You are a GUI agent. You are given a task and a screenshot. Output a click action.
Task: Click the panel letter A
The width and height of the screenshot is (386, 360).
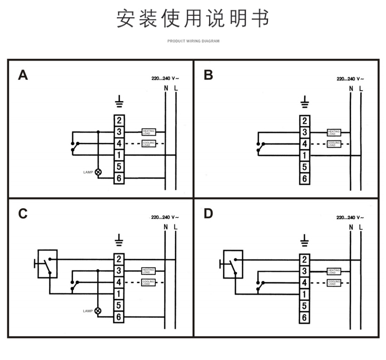tap(23, 75)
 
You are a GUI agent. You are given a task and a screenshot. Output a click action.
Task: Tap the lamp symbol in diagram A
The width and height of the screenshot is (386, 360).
tap(98, 172)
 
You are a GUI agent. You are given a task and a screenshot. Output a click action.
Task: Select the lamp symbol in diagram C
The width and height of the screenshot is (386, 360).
tap(98, 311)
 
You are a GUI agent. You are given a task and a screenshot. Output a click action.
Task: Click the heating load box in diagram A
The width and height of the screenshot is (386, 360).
tap(148, 132)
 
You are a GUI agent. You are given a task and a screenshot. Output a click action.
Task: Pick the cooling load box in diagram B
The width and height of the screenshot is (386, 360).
tap(334, 144)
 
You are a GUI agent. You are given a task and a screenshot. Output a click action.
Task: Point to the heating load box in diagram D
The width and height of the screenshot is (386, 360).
tap(334, 270)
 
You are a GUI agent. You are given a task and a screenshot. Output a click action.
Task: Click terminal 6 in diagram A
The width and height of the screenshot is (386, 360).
tap(119, 179)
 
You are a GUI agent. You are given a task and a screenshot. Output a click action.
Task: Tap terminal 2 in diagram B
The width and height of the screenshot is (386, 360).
tap(304, 120)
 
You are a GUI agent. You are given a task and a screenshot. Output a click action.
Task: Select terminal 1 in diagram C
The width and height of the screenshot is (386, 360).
tap(119, 293)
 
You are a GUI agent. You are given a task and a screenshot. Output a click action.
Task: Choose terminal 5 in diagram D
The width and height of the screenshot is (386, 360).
tap(304, 305)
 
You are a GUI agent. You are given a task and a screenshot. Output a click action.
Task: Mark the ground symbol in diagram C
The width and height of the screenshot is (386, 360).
tap(119, 240)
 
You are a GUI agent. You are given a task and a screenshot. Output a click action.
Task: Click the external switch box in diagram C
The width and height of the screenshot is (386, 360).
tap(47, 264)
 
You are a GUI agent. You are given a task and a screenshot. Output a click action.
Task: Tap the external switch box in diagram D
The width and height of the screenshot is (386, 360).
tap(233, 264)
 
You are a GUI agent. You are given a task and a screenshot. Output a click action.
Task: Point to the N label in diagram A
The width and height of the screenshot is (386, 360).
tap(166, 89)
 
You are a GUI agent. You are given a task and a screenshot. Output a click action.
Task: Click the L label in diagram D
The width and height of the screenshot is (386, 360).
tap(361, 227)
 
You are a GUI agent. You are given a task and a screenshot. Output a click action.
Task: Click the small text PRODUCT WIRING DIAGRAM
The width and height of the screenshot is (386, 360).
tap(193, 41)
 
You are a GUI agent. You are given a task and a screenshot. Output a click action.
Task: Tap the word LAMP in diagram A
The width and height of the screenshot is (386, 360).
tap(88, 172)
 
